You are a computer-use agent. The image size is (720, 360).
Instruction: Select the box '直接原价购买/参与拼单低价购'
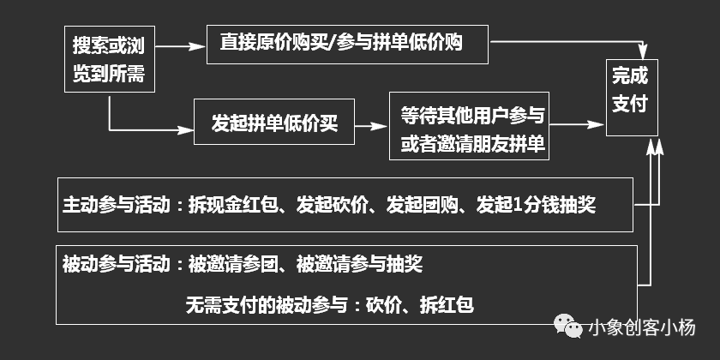tap(347, 42)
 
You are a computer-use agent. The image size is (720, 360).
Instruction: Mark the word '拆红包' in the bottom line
tap(447, 304)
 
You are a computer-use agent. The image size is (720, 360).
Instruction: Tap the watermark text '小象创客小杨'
tap(643, 327)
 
